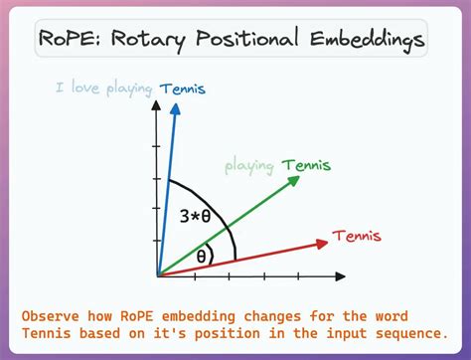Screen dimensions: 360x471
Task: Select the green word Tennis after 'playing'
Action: click(x=307, y=165)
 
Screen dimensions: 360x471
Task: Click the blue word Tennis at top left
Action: click(x=185, y=90)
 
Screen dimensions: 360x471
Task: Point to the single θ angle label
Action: click(x=203, y=256)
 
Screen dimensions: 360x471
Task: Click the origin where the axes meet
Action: click(x=157, y=274)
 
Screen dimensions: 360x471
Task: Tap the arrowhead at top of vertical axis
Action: click(x=157, y=106)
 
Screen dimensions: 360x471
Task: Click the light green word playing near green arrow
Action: click(x=250, y=165)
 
